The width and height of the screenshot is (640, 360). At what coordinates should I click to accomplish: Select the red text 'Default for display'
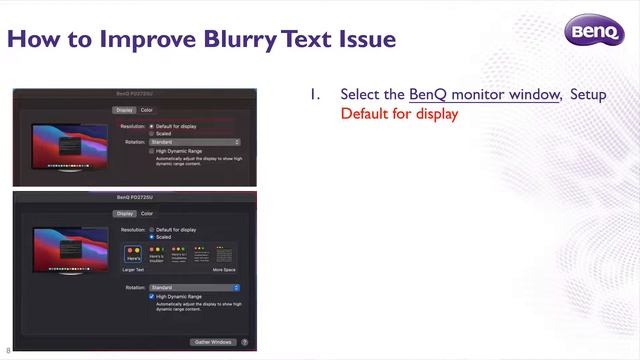pos(399,113)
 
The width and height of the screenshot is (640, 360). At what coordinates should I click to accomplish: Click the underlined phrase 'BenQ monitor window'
pos(484,94)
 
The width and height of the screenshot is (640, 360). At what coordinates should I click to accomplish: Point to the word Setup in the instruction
pos(588,94)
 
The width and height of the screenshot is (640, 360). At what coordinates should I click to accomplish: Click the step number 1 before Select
pos(314,94)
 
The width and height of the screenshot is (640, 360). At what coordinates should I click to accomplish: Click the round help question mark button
pos(244,342)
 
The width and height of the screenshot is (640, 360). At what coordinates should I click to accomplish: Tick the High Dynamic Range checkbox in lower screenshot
pos(151,296)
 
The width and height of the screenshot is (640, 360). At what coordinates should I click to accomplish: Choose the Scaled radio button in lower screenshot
pos(151,237)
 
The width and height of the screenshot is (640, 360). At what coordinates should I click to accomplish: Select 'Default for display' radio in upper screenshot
pos(151,126)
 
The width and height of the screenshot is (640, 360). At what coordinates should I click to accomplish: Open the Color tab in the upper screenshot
pos(147,109)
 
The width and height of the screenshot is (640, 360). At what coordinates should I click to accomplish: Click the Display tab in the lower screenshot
pos(124,213)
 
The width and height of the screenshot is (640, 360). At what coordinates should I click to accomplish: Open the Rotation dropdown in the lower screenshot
pos(194,288)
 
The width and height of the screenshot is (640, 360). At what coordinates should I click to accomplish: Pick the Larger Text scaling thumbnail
pos(133,256)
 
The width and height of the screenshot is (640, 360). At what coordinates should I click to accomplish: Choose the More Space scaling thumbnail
pos(224,256)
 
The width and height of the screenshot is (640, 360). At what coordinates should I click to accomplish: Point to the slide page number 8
pos(8,351)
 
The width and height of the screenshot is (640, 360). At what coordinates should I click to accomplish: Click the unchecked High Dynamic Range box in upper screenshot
pos(151,151)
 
